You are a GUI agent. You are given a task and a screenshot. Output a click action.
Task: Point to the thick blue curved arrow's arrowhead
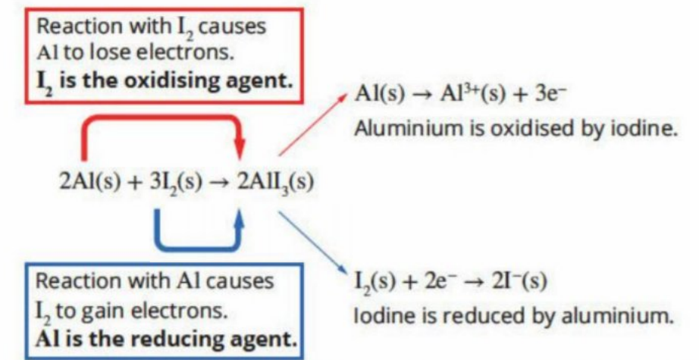coord(240,221)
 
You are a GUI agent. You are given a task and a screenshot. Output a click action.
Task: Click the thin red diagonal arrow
coord(313,125)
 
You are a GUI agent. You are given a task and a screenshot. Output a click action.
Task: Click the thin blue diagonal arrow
coord(313,243)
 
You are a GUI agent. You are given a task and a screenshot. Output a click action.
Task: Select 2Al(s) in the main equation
coord(89,181)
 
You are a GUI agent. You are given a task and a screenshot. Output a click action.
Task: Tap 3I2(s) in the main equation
coord(176,182)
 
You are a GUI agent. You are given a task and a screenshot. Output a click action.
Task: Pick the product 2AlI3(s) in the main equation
coord(275,182)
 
